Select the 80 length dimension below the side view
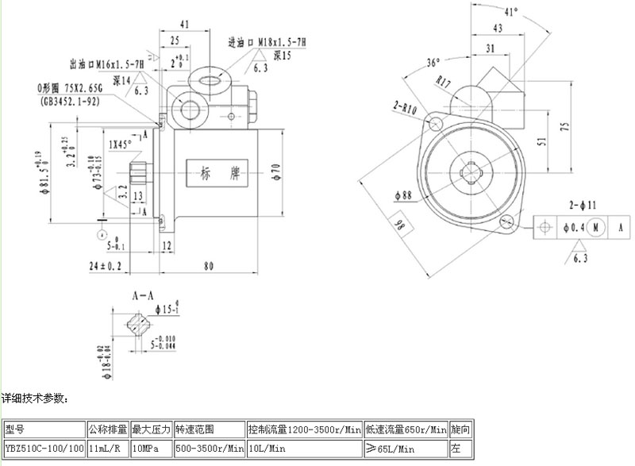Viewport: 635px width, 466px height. tap(207, 267)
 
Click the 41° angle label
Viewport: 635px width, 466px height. tap(511, 12)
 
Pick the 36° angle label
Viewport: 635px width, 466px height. tap(433, 63)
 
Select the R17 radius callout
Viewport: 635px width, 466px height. tap(444, 79)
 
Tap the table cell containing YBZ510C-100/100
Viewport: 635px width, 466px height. tap(44, 449)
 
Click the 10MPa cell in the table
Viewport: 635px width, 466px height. tap(151, 449)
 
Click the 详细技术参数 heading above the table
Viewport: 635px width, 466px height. tap(36, 397)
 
